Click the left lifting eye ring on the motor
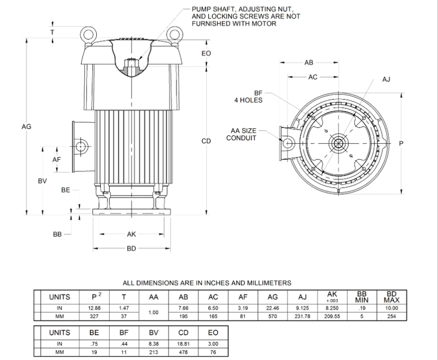pos(88,35)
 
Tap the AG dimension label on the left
pos(26,126)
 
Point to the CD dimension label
pos(206,141)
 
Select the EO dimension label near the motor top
pos(206,53)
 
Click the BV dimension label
pos(42,181)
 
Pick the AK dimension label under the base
pos(131,234)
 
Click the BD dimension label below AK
pos(131,249)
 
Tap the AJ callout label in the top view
pos(386,79)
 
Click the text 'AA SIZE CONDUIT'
pos(243,134)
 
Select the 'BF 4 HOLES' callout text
pos(249,97)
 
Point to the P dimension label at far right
pos(401,143)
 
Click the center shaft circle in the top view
pos(338,143)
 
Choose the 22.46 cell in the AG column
pos(272,308)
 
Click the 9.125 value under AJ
pos(302,308)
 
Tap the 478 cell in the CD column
pos(183,352)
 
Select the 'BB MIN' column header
pos(362,297)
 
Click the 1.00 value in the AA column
pos(153,312)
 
